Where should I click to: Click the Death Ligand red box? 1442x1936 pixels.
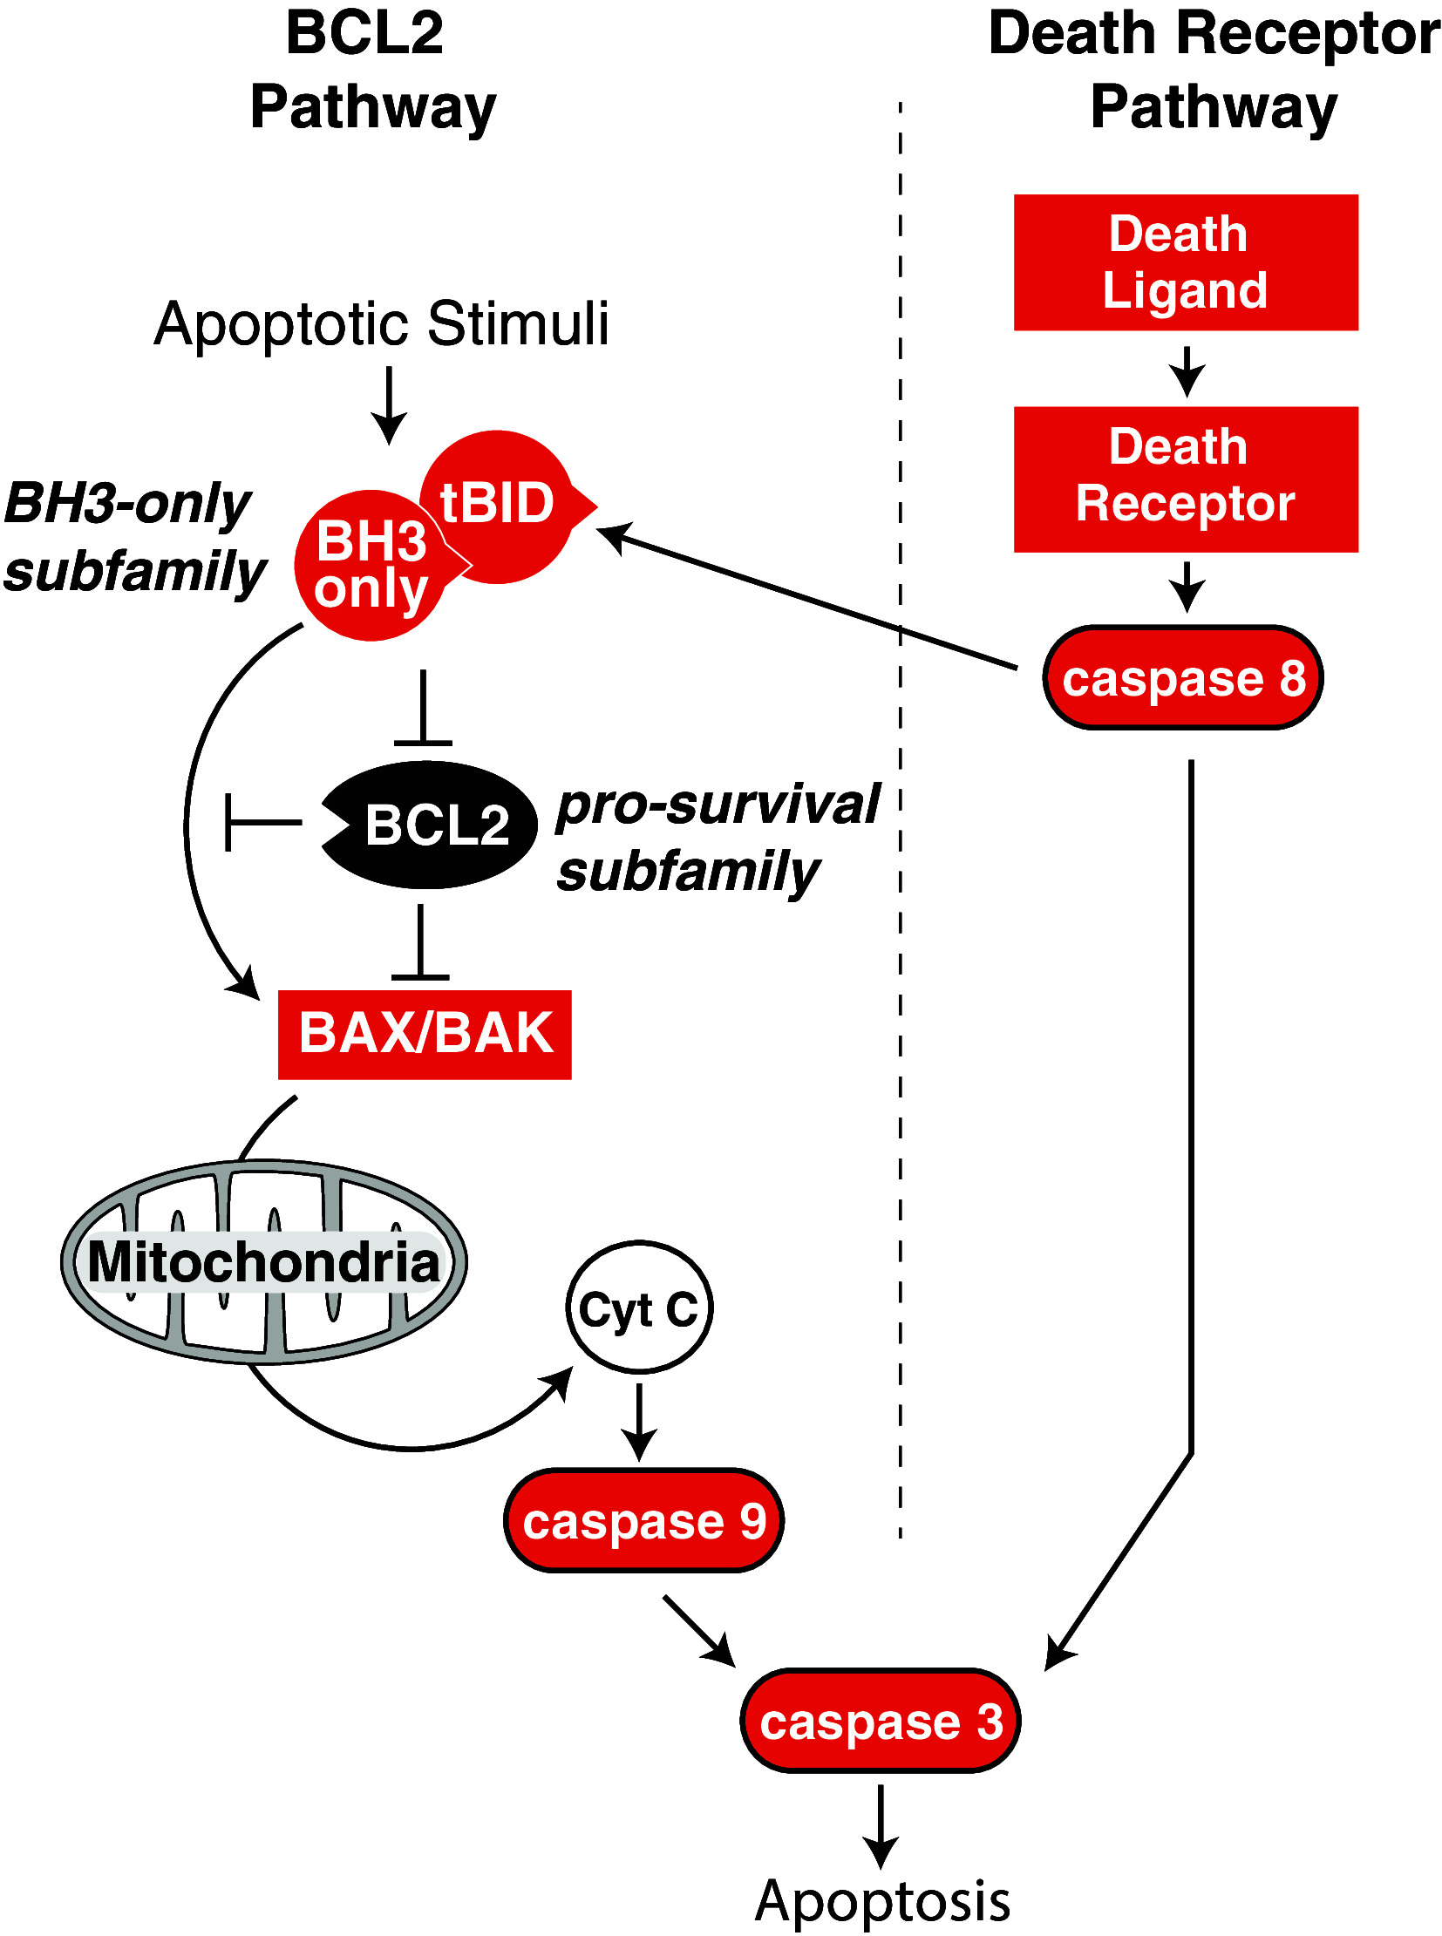[x=1185, y=262]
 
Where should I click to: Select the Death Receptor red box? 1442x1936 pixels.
[x=1185, y=479]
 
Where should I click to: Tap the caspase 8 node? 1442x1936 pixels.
[x=1183, y=677]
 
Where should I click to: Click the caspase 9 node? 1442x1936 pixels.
[x=643, y=1520]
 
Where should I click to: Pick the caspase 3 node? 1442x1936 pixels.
[x=880, y=1722]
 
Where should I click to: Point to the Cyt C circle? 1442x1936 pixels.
[x=639, y=1308]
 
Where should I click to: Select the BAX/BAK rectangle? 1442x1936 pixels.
[x=425, y=1035]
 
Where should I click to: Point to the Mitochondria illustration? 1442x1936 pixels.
[x=263, y=1262]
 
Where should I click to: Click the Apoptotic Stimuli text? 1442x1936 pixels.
[x=382, y=324]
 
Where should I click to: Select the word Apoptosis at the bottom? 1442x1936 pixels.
[x=881, y=1902]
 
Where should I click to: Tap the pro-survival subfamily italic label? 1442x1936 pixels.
[x=716, y=838]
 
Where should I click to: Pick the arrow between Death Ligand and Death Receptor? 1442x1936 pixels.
[x=1187, y=370]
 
